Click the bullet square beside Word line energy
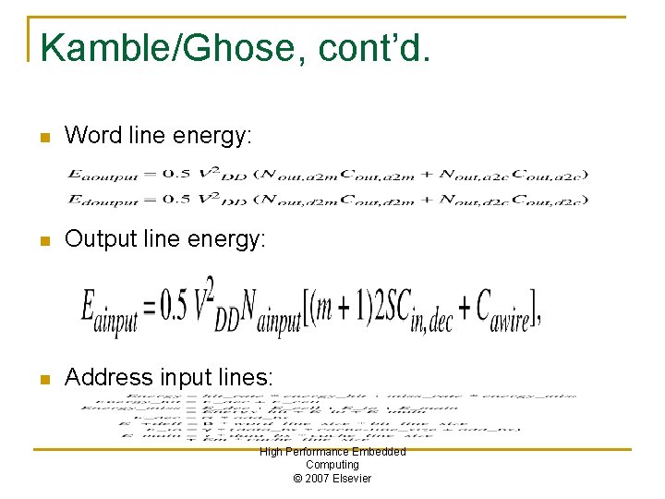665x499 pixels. point(42,137)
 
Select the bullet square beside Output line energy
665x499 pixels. point(42,240)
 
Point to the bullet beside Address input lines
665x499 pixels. point(42,378)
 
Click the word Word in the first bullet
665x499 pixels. point(93,136)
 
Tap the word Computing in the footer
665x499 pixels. point(332,465)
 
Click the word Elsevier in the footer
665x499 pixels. point(352,478)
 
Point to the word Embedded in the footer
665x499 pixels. point(377,452)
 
